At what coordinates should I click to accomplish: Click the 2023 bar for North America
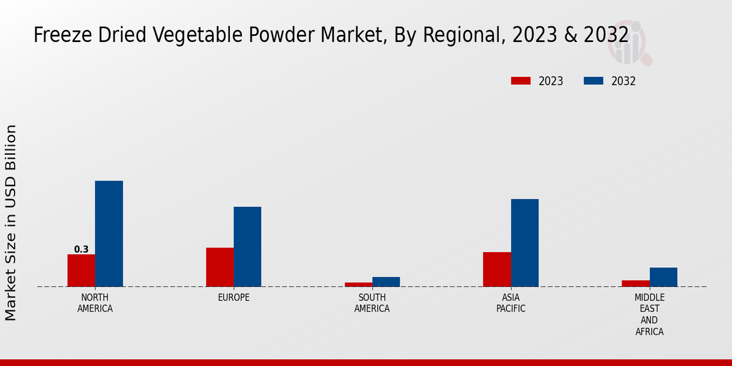click(x=81, y=270)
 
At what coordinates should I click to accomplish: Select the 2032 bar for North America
click(x=109, y=234)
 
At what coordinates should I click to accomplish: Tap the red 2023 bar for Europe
click(x=220, y=267)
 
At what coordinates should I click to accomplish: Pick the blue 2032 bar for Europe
click(x=247, y=246)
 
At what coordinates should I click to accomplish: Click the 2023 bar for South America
click(x=358, y=284)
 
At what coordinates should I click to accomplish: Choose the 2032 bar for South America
click(x=386, y=282)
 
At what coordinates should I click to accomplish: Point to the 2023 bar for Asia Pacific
click(x=497, y=269)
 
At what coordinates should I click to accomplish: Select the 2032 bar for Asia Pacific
click(x=525, y=243)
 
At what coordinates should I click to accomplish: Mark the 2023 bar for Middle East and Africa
click(x=636, y=283)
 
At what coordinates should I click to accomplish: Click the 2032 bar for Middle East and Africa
click(x=663, y=277)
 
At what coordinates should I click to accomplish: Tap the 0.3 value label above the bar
click(x=81, y=249)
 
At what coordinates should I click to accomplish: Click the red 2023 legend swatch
click(x=521, y=81)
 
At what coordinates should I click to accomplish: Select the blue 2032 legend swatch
click(x=594, y=81)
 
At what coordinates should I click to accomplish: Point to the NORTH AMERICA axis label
click(x=95, y=303)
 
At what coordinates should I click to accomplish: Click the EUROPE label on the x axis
click(x=234, y=298)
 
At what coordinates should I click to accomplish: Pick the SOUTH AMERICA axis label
click(x=372, y=303)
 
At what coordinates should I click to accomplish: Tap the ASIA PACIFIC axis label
click(x=511, y=303)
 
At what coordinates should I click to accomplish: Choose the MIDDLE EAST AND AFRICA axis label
click(x=649, y=315)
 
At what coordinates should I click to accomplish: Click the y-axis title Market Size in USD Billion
click(x=11, y=223)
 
